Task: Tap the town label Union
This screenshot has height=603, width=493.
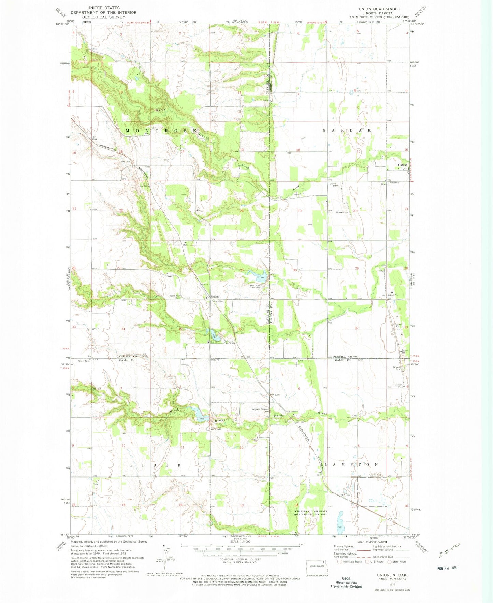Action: tap(214, 297)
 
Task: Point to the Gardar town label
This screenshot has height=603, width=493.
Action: tap(403, 165)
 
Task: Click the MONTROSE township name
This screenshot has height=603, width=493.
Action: tap(161, 131)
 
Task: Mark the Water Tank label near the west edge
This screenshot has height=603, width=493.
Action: tap(84, 361)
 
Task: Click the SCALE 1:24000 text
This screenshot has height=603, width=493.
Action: tap(240, 542)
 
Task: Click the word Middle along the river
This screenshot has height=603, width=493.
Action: tap(177, 411)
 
